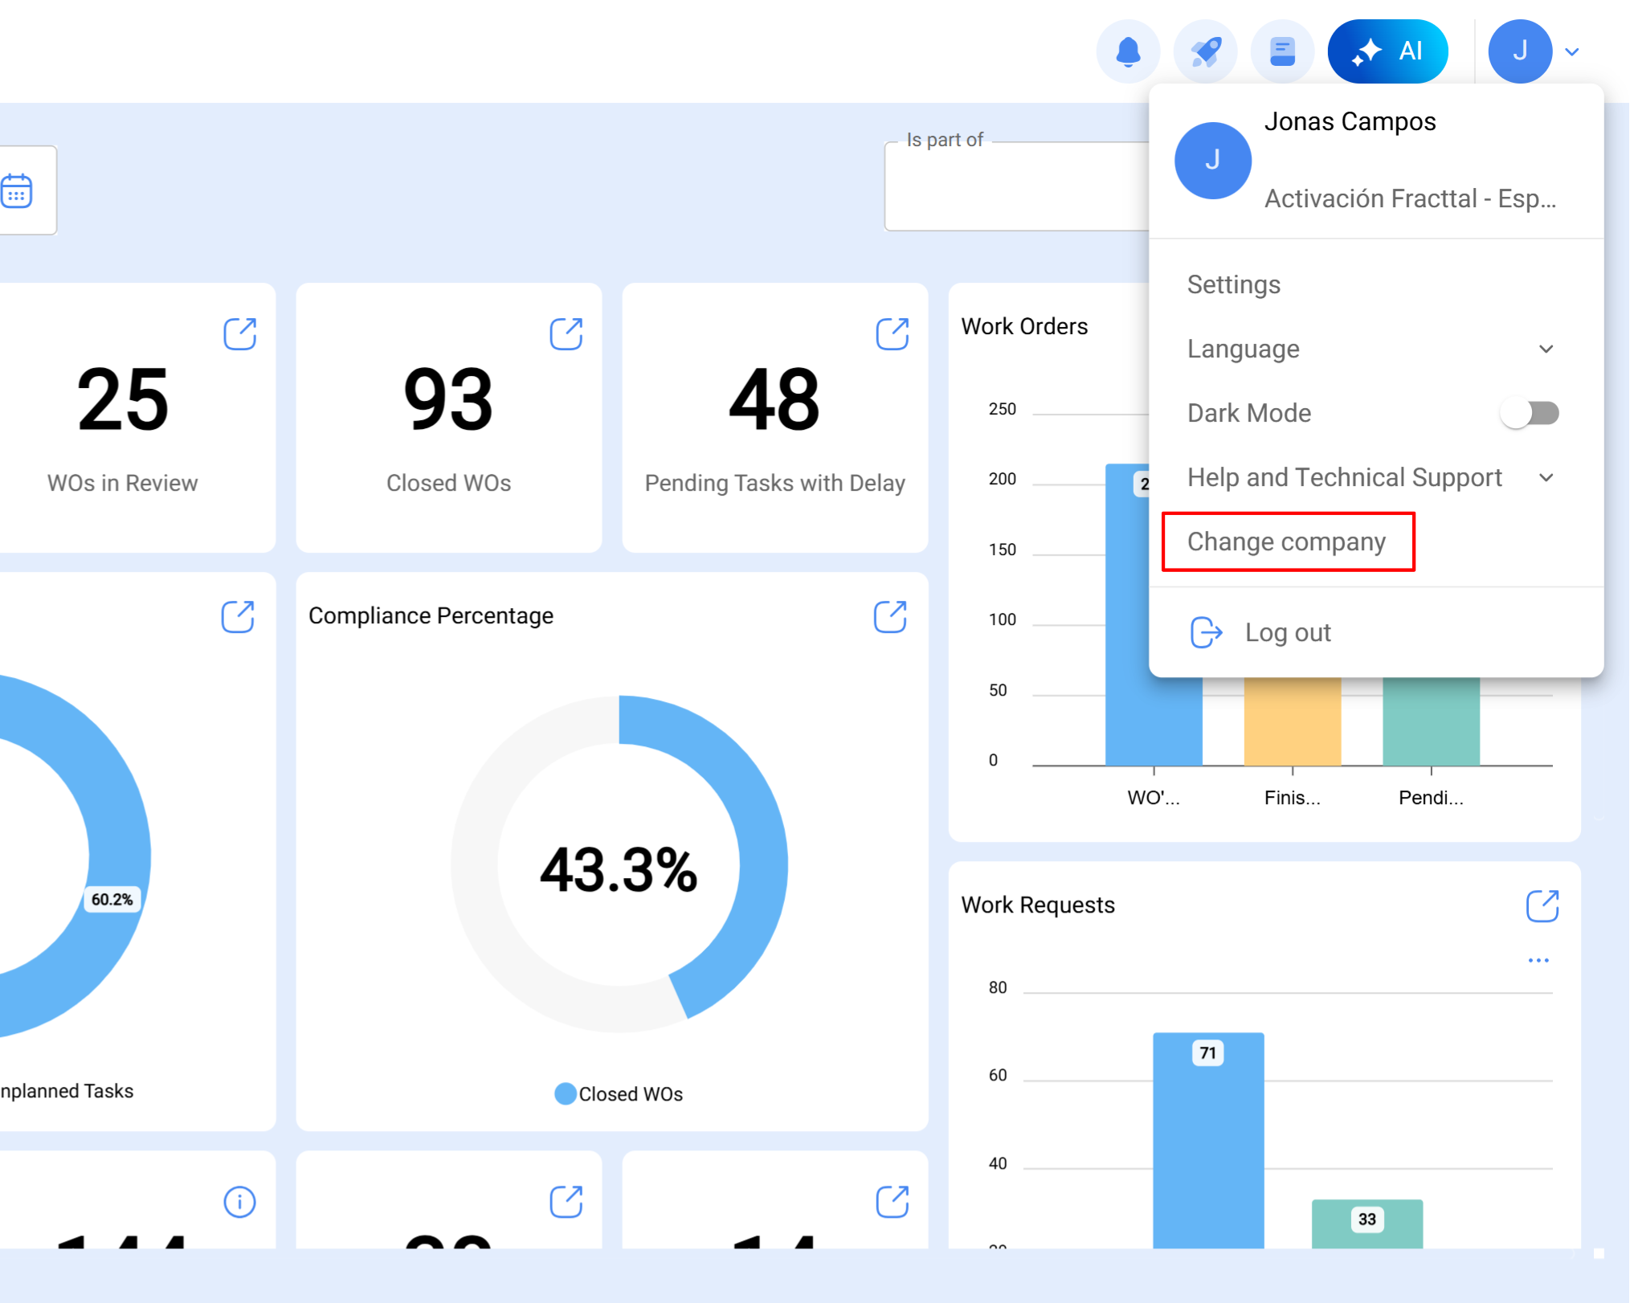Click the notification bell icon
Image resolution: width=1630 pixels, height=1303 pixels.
pyautogui.click(x=1128, y=51)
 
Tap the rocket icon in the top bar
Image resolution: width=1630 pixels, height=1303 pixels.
pyautogui.click(x=1205, y=51)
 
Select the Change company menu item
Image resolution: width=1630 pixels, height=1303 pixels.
pyautogui.click(x=1287, y=541)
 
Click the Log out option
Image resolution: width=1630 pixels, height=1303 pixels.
pyautogui.click(x=1287, y=632)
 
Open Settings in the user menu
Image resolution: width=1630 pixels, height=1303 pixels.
pyautogui.click(x=1234, y=284)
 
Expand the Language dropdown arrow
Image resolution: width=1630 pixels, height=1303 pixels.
pyautogui.click(x=1546, y=349)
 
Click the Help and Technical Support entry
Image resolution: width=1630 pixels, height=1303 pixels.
pyautogui.click(x=1344, y=477)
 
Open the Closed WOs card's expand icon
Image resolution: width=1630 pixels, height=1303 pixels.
pyautogui.click(x=566, y=333)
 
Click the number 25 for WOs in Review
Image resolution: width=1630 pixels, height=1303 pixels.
pyautogui.click(x=123, y=399)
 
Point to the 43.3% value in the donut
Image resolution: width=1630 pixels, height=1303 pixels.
pyautogui.click(x=619, y=870)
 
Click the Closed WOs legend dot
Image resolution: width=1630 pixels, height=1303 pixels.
pyautogui.click(x=565, y=1093)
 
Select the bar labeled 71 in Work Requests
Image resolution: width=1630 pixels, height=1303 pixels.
pyautogui.click(x=1207, y=1141)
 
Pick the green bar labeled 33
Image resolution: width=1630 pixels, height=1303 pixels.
pyautogui.click(x=1367, y=1224)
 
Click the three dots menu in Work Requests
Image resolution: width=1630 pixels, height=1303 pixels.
pyautogui.click(x=1538, y=960)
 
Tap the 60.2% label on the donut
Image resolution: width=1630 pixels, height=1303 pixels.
pyautogui.click(x=112, y=899)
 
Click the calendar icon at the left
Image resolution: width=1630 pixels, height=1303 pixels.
pyautogui.click(x=17, y=191)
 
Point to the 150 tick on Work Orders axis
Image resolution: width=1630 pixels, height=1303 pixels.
pyautogui.click(x=1002, y=549)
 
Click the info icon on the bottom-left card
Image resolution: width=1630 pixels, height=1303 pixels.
pyautogui.click(x=239, y=1202)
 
